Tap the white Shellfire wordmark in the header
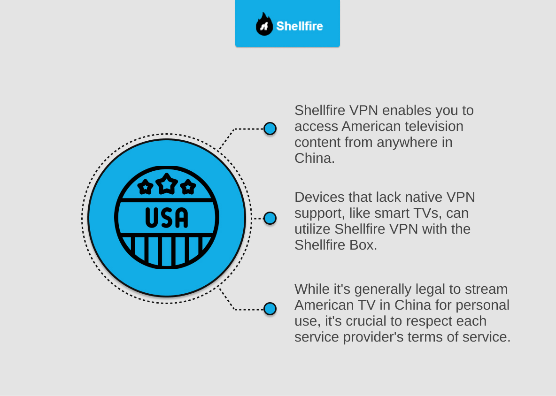[x=300, y=26]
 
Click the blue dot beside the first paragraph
[x=270, y=129]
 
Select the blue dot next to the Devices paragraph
[x=270, y=218]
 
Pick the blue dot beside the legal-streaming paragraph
[x=270, y=309]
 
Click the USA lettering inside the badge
[x=167, y=217]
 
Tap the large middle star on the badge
[x=167, y=184]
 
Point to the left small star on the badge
[x=145, y=187]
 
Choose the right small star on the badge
[x=188, y=187]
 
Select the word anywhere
[x=407, y=143]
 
